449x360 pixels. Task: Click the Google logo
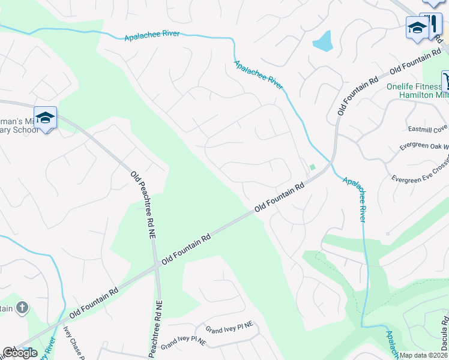[x=20, y=353]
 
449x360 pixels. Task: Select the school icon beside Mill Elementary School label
[x=45, y=117]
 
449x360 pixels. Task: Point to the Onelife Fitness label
[x=415, y=86]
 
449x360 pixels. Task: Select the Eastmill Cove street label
[x=428, y=128]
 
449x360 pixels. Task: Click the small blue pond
[x=322, y=41]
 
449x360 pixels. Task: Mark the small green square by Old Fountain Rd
[x=312, y=167]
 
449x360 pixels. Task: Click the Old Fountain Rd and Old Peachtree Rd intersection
[x=157, y=265]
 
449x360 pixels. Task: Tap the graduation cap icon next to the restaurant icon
[x=417, y=28]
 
